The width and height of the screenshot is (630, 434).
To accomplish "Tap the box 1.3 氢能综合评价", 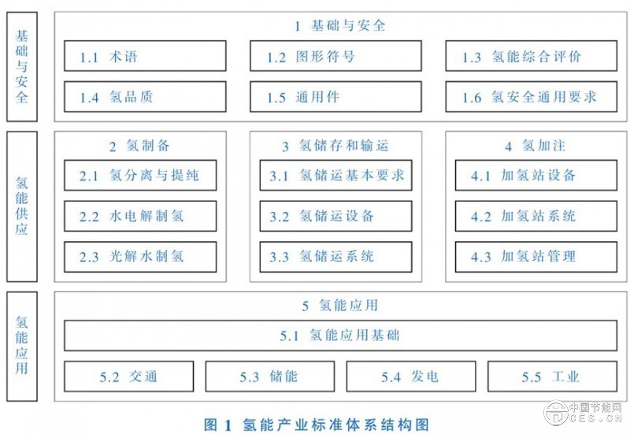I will coord(528,57).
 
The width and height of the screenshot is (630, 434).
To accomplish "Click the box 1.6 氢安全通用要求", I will coord(528,98).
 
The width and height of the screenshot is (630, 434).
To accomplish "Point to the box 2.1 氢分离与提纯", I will coord(140,175).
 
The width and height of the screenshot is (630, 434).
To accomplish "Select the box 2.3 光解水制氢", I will coord(140,257).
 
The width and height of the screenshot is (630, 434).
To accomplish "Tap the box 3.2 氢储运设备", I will coord(335,216).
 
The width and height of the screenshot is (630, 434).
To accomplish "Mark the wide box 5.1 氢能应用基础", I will coord(339,336).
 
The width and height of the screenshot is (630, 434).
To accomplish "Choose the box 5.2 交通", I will coord(128,377).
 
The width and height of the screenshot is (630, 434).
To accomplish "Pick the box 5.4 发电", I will coord(410,377).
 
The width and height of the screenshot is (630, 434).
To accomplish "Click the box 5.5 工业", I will coord(551,377).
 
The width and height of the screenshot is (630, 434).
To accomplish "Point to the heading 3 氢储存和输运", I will coord(335,146).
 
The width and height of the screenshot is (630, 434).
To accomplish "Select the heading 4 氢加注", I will coord(535,146).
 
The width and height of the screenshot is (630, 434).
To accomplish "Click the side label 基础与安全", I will coord(21,66).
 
